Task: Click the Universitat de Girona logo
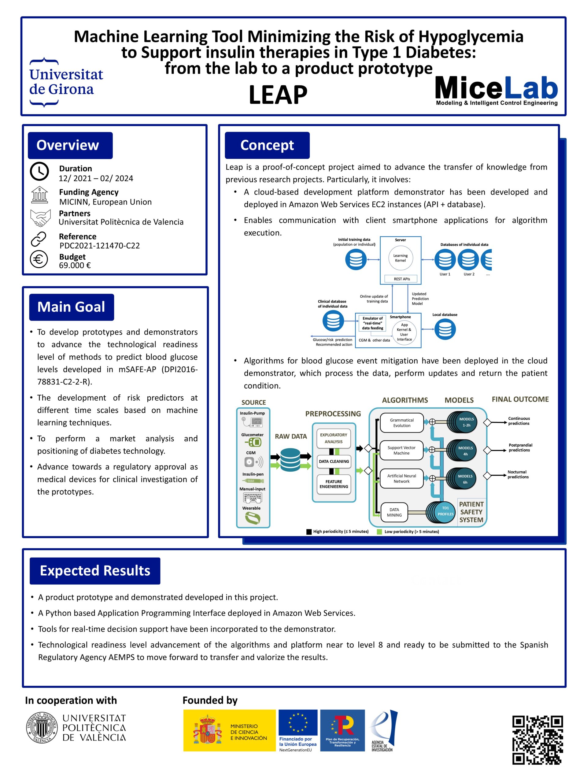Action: coord(66,82)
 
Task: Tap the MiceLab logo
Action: coord(497,91)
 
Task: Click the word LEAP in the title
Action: coord(278,95)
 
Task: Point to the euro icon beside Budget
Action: coord(39,259)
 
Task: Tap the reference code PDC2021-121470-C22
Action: coord(99,246)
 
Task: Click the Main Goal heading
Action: coord(72,307)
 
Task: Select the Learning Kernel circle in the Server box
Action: coord(400,258)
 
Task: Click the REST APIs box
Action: coord(402,279)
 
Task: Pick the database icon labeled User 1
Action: coord(445,259)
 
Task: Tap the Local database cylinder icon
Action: coord(445,329)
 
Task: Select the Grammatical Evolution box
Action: coord(402,423)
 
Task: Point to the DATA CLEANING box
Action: coord(334,461)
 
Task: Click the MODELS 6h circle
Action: coord(465,479)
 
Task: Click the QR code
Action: coord(537,740)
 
